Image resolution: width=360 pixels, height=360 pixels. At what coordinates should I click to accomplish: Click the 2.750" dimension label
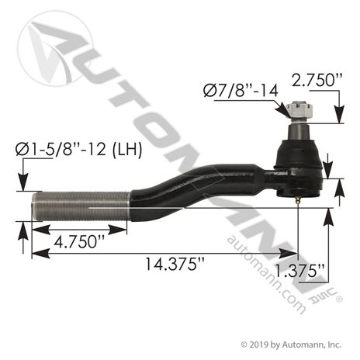[317, 80]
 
